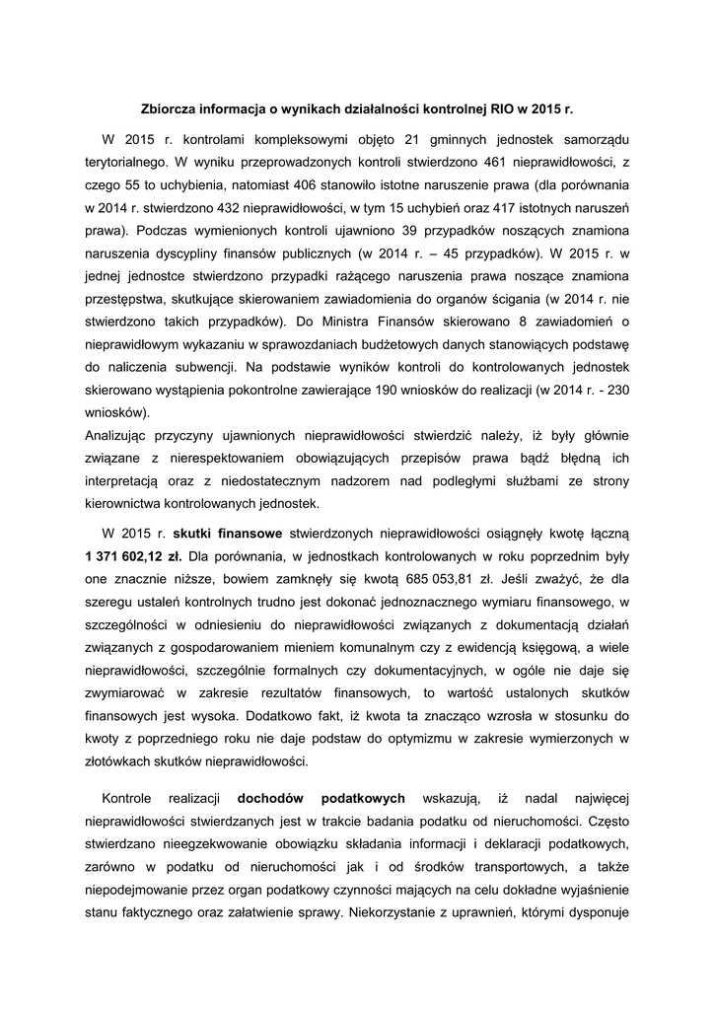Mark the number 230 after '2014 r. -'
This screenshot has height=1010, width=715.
click(x=616, y=390)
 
